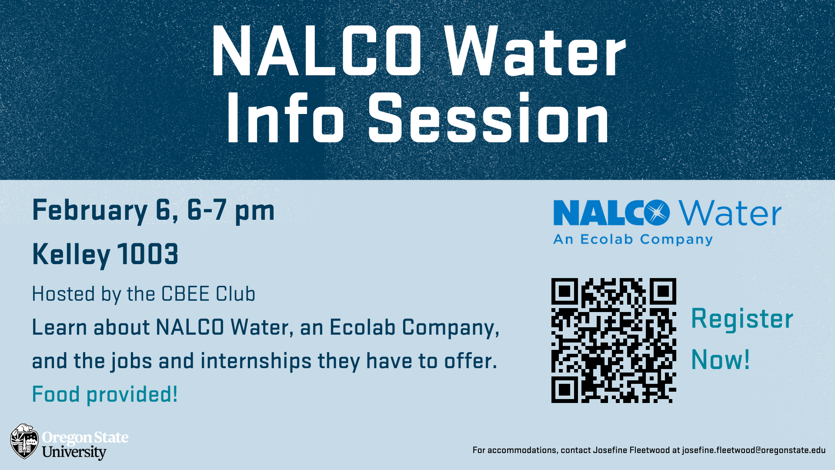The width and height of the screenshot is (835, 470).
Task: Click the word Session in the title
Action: pyautogui.click(x=489, y=118)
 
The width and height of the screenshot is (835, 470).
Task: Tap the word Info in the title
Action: pyautogui.click(x=285, y=118)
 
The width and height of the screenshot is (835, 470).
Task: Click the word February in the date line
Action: pyautogui.click(x=90, y=211)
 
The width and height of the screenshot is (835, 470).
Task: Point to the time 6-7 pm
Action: pyautogui.click(x=231, y=211)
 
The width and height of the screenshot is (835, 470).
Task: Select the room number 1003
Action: pyautogui.click(x=148, y=254)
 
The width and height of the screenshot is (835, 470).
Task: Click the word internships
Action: pyautogui.click(x=256, y=362)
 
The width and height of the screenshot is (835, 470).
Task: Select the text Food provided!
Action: pyautogui.click(x=105, y=395)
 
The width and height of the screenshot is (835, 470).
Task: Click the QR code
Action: pyautogui.click(x=614, y=340)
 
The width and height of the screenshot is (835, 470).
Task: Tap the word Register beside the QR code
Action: pyautogui.click(x=742, y=319)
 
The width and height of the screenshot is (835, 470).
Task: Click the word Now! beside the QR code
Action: pyautogui.click(x=720, y=360)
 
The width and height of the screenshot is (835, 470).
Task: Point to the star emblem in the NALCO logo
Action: pyautogui.click(x=657, y=213)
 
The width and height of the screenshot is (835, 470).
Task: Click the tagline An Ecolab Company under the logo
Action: pyautogui.click(x=633, y=239)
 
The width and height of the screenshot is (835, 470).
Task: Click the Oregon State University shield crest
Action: pyautogui.click(x=25, y=441)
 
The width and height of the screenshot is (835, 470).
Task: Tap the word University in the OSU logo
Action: pyautogui.click(x=74, y=452)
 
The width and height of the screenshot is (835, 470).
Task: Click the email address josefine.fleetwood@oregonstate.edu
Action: pyautogui.click(x=754, y=450)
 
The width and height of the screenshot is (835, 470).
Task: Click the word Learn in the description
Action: pyautogui.click(x=60, y=327)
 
